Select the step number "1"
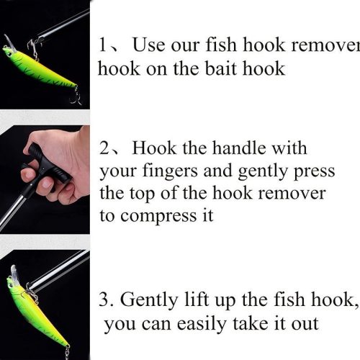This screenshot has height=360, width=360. click(x=103, y=46)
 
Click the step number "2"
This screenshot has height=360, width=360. click(x=105, y=149)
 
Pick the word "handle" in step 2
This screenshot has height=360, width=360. click(x=238, y=149)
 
